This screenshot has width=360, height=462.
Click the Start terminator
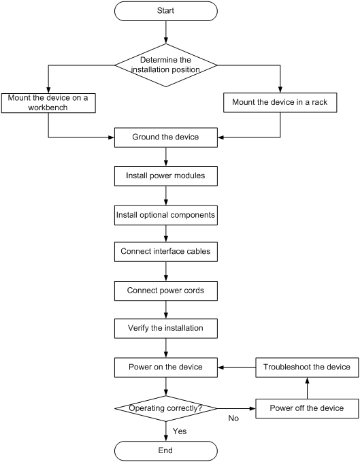(166, 11)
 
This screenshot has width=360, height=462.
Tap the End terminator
(166, 451)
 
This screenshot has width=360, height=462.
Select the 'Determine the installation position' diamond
(166, 65)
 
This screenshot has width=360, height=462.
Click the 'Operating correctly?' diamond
(166, 408)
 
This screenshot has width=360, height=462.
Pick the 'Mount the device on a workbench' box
(48, 103)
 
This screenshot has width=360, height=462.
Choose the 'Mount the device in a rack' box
(280, 103)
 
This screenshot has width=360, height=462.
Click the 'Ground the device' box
(166, 137)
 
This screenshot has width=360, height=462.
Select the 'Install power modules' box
(166, 176)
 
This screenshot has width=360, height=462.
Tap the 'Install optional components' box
(166, 216)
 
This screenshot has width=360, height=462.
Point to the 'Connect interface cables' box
(166, 252)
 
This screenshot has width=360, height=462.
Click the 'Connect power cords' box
(166, 291)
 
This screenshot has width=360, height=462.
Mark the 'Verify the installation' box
(166, 328)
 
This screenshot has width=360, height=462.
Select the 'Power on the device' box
(166, 367)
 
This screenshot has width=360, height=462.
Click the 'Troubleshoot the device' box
(307, 367)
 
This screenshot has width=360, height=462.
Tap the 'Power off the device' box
(307, 408)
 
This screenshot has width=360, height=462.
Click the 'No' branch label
(233, 418)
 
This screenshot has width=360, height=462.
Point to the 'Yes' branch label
(180, 431)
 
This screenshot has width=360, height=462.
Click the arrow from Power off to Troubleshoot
(308, 388)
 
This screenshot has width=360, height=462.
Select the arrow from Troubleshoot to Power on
(237, 367)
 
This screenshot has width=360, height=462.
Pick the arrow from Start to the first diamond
(166, 32)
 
